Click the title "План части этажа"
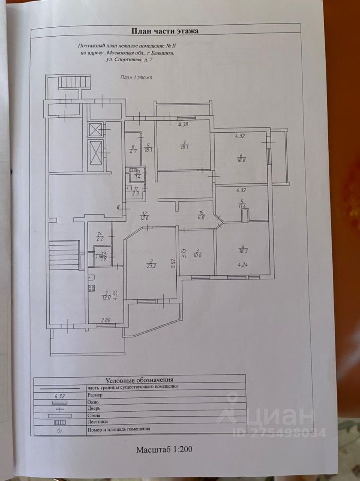point(164,31)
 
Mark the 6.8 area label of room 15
point(201,217)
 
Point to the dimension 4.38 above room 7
point(183,125)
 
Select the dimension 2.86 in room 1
point(106,320)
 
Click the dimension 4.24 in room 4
point(243,265)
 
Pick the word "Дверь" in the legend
point(94,408)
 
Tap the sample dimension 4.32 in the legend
point(60,395)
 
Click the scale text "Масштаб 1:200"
point(164,449)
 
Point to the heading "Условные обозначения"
point(139,380)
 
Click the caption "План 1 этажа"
point(136,78)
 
